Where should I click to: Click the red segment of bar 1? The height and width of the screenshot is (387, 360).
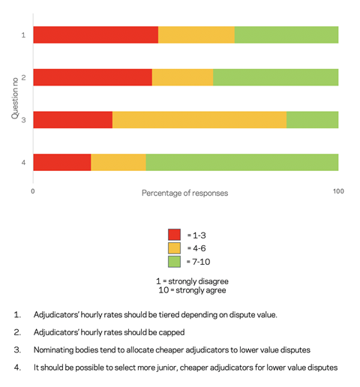tap(96, 34)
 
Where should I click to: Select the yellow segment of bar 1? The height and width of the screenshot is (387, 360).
tap(196, 34)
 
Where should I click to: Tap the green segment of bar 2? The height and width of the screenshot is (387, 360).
tap(276, 77)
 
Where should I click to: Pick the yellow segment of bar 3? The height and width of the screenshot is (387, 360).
tap(199, 120)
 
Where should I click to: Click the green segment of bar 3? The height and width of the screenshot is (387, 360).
tap(313, 120)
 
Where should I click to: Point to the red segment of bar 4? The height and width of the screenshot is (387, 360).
tap(62, 162)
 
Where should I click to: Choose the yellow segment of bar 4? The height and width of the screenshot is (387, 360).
tap(118, 162)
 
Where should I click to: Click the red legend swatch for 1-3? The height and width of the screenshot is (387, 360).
tap(174, 235)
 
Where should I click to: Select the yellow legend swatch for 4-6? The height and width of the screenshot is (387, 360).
tap(174, 248)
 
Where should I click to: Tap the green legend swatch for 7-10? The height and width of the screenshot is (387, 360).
tap(174, 262)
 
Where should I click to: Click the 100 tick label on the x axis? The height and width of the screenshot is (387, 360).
tap(338, 191)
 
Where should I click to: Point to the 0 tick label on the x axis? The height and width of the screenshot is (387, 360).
tap(33, 191)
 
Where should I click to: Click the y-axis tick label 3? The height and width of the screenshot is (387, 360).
tap(23, 120)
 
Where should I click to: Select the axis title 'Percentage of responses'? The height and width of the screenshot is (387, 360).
tap(185, 193)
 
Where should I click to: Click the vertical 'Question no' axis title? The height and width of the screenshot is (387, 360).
tap(15, 98)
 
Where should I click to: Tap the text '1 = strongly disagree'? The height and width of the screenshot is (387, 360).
tap(192, 281)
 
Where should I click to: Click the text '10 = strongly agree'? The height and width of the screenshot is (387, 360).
tap(192, 290)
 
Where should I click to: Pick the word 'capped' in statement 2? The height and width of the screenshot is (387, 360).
tap(172, 333)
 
